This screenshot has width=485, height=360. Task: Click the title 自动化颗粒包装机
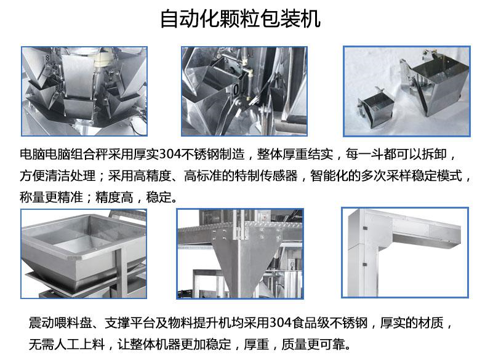click(240, 19)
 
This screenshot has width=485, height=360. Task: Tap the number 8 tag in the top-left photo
click(47, 58)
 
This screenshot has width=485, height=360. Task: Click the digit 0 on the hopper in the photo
click(236, 89)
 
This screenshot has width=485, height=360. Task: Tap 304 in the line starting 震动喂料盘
click(281, 322)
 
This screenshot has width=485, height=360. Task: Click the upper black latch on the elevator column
click(365, 228)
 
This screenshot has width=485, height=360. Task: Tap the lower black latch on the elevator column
click(365, 265)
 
